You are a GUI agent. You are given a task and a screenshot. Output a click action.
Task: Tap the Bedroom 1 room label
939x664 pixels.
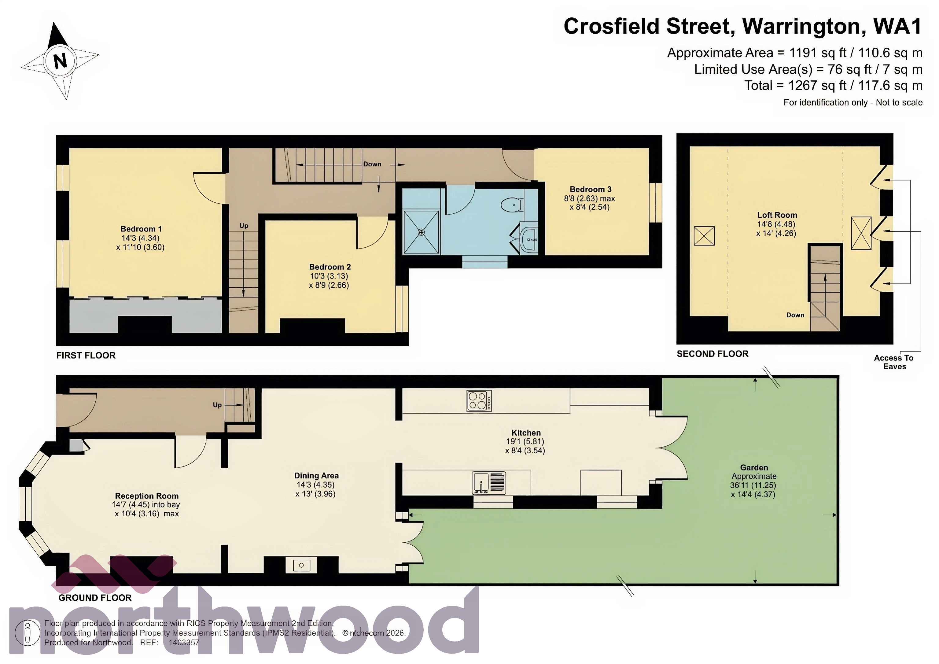tap(141, 229)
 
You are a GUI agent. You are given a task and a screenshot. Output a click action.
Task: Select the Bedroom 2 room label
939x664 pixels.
tap(330, 267)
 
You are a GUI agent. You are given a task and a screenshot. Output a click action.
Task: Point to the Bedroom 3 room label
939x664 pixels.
tap(590, 190)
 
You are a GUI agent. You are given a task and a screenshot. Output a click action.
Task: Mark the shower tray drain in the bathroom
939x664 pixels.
tap(421, 232)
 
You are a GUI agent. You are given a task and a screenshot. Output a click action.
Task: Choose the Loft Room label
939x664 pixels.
tap(777, 215)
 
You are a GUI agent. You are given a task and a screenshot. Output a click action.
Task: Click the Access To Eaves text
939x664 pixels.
tap(894, 362)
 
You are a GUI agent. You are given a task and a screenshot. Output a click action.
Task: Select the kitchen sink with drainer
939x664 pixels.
tap(489, 483)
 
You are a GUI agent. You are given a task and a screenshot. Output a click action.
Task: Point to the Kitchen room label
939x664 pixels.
tap(526, 433)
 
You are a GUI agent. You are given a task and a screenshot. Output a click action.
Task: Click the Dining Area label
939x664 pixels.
tap(316, 476)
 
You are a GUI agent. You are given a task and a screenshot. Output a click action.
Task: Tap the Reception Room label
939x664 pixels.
tap(146, 496)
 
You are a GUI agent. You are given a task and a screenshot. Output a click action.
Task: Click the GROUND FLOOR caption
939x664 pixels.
tap(95, 598)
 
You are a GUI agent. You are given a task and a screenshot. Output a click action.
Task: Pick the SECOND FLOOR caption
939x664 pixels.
tap(713, 354)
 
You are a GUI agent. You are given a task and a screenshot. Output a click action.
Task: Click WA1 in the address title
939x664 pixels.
tap(897, 26)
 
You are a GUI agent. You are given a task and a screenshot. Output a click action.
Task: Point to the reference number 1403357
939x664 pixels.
tap(184, 643)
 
